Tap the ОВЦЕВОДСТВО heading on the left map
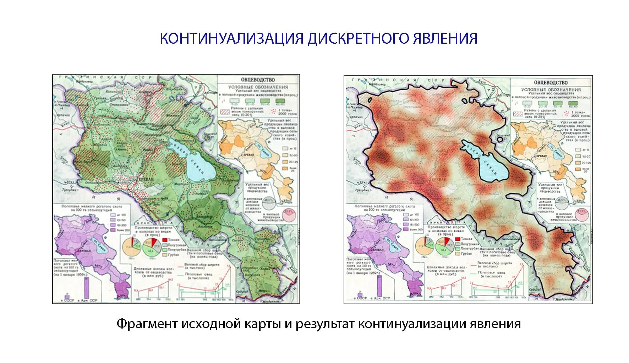[x=258, y=80]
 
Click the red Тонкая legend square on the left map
[x=165, y=240]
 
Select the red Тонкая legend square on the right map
[x=458, y=239]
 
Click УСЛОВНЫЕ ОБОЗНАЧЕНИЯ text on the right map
[x=551, y=90]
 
